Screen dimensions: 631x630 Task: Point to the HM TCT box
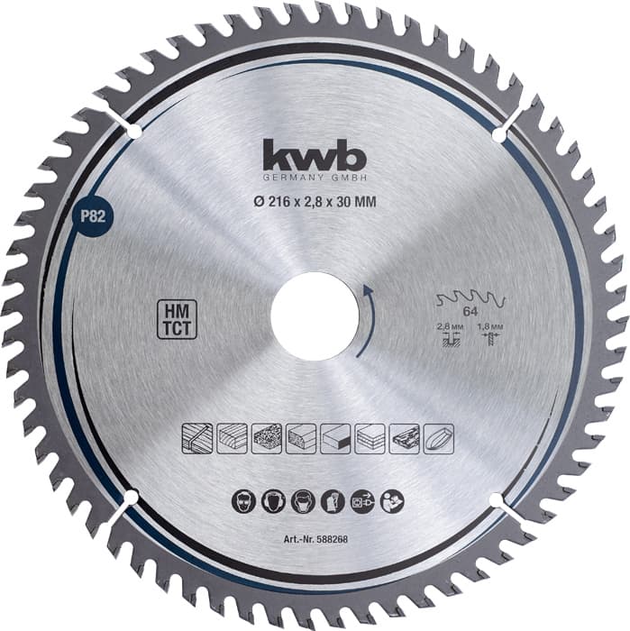[x=170, y=319]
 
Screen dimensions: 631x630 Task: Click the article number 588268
[x=314, y=541]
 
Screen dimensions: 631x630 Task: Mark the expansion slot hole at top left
[x=134, y=132]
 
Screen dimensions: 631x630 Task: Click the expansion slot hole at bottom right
[x=495, y=498]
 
